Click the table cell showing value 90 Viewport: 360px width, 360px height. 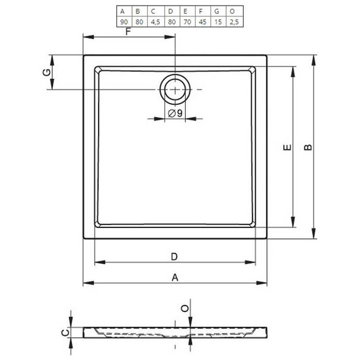click(x=124, y=22)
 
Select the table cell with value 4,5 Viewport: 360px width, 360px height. click(x=155, y=22)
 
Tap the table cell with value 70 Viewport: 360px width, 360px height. click(x=188, y=22)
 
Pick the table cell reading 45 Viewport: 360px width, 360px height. click(x=203, y=22)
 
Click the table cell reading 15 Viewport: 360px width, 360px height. click(x=218, y=22)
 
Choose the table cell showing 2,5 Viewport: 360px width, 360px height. click(x=234, y=22)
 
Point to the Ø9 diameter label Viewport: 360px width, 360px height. click(x=175, y=113)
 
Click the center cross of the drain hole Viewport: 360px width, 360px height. click(x=175, y=89)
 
